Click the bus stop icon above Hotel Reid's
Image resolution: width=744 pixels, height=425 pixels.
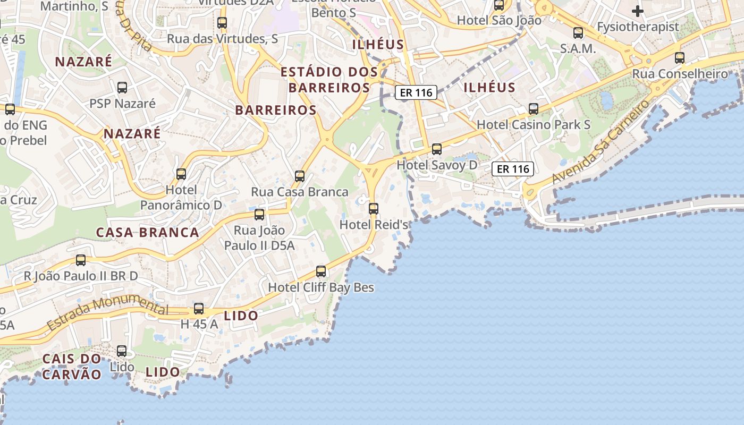374,209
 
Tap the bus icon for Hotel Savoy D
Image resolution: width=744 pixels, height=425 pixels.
437,149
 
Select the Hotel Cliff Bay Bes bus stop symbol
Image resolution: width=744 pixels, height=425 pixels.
321,271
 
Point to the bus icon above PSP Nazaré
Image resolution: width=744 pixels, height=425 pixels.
122,88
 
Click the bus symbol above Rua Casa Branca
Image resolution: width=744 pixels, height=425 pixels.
300,176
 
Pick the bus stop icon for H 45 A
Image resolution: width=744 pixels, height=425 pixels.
199,309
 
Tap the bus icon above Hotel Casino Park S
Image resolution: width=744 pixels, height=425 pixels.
534,109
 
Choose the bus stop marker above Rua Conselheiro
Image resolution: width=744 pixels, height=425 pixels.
680,58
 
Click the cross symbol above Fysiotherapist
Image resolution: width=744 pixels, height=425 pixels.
638,11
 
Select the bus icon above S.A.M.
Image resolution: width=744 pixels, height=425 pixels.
578,33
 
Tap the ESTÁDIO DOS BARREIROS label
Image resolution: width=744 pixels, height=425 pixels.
329,80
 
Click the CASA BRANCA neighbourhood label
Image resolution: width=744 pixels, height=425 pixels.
148,233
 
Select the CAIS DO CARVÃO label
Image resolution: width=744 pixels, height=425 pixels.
72,367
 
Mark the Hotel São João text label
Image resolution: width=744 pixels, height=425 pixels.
499,21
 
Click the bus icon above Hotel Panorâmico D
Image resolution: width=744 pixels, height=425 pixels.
181,174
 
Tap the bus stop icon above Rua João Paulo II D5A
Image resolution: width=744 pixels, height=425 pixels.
259,215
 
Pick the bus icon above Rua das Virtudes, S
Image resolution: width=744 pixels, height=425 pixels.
222,23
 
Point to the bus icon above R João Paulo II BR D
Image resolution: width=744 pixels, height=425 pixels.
81,260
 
